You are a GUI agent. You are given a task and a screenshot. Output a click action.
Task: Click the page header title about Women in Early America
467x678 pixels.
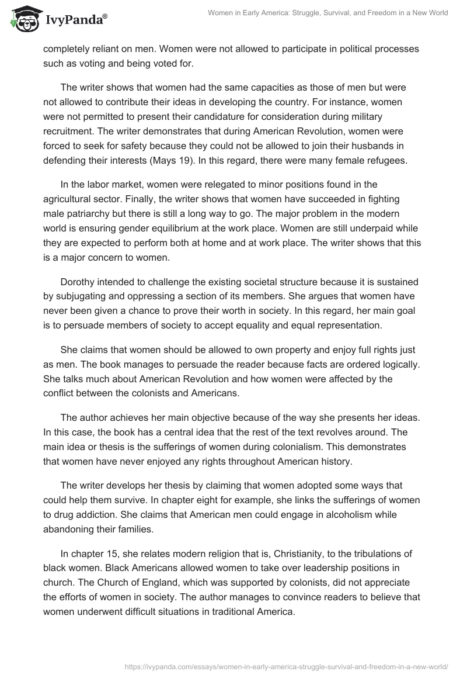tap(327, 13)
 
